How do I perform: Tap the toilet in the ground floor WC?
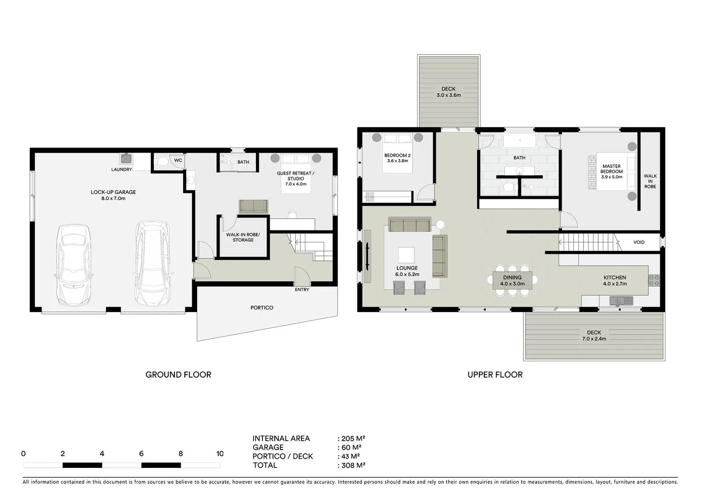(x=161, y=162)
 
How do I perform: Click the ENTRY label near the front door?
(x=302, y=290)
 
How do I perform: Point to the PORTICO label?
(x=262, y=308)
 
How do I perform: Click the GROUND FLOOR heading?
(x=178, y=374)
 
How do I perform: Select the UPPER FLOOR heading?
(x=495, y=374)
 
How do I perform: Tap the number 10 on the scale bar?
(x=220, y=454)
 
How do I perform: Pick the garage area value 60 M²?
(x=351, y=447)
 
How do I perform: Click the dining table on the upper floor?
(x=512, y=280)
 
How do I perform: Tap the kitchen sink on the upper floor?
(x=621, y=301)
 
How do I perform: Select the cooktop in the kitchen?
(x=654, y=280)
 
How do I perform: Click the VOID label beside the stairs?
(x=639, y=242)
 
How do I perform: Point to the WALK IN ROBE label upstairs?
(x=650, y=181)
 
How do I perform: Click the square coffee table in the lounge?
(x=406, y=254)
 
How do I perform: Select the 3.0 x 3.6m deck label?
(x=448, y=92)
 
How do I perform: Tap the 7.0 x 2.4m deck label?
(x=594, y=335)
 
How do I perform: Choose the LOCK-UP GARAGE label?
(x=113, y=195)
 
